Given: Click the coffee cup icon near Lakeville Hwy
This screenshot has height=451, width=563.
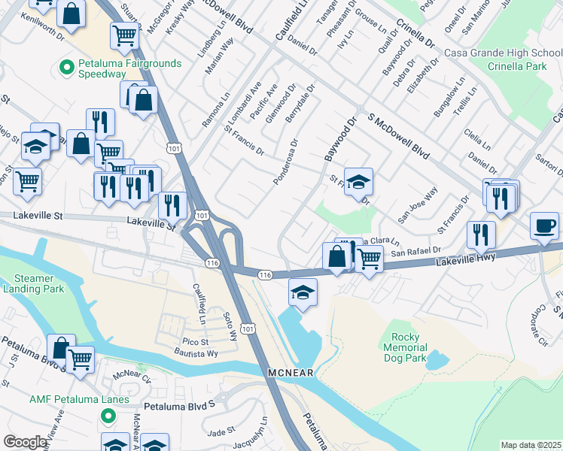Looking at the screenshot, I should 544,225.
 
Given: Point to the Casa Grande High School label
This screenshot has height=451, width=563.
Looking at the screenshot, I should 503,53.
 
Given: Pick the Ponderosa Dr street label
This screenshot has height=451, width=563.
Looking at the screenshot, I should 287,162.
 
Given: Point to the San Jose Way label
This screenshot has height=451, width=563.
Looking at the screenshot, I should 418,206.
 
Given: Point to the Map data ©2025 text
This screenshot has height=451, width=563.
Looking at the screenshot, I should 531,445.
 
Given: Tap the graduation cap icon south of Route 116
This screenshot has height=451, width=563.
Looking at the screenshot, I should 302,292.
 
